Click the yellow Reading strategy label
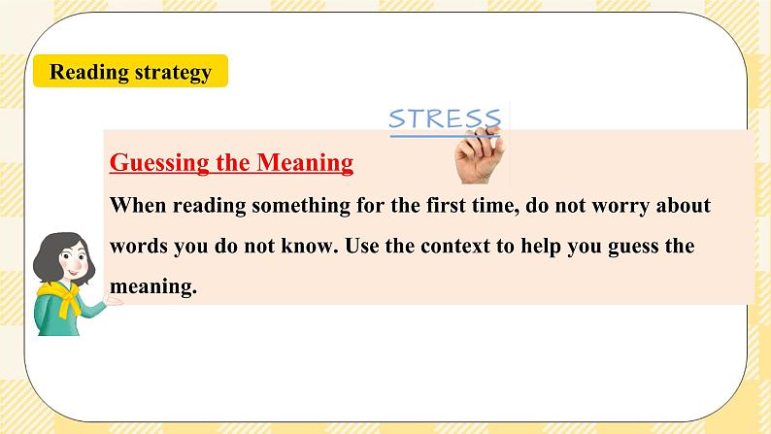[x=130, y=71]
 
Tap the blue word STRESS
[x=445, y=118]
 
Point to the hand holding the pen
[x=480, y=155]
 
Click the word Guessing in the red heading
[x=159, y=163]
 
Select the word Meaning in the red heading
[x=305, y=162]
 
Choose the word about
[x=684, y=205]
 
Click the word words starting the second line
[x=139, y=246]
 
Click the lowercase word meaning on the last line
[x=152, y=286]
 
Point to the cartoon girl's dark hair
[x=55, y=254]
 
